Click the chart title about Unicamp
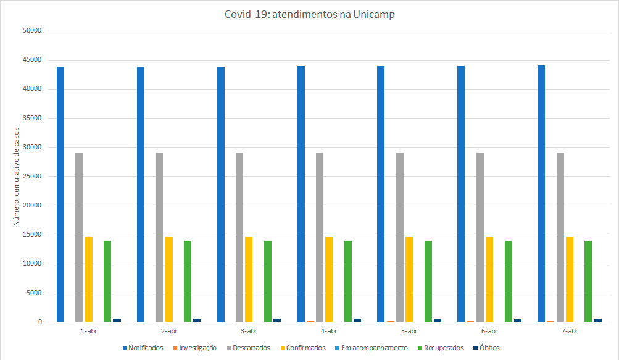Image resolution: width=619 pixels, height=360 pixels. [x=309, y=15]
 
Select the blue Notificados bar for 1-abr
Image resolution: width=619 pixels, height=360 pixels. [x=60, y=194]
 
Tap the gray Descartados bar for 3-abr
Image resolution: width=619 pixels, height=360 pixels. [x=239, y=237]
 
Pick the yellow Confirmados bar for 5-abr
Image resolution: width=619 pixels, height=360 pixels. [x=409, y=279]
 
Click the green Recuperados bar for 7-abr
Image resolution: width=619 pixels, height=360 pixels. [x=588, y=281]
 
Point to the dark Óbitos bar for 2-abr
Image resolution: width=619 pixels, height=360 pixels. [x=197, y=320]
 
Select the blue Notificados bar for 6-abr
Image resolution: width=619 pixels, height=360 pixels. [x=461, y=194]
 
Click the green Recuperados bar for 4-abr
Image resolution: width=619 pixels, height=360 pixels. [x=348, y=281]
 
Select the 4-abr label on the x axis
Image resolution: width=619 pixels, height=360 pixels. [x=328, y=332]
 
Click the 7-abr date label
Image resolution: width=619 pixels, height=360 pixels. [x=568, y=332]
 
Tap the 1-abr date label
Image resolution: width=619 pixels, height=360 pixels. [x=88, y=332]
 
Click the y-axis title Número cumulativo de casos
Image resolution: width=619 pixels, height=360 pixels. [x=17, y=177]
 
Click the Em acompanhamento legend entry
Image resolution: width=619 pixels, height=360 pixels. [x=374, y=348]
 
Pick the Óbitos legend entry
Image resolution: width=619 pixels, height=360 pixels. [x=487, y=348]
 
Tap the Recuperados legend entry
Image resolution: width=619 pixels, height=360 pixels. [x=443, y=348]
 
